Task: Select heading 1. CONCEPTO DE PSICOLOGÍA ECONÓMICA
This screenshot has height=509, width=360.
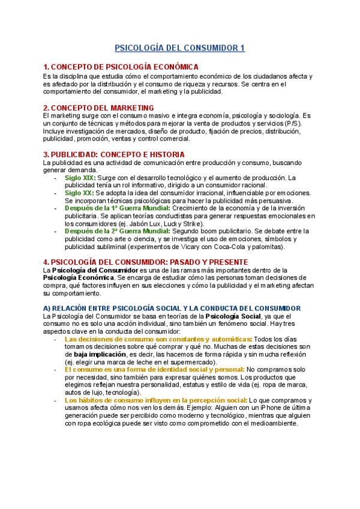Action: pos(121,67)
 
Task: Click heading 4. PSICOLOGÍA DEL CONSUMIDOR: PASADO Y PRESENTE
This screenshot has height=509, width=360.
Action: pos(137,262)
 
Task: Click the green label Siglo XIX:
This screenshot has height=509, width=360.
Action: pos(79,178)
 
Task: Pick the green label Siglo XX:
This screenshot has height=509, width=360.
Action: pos(79,193)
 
